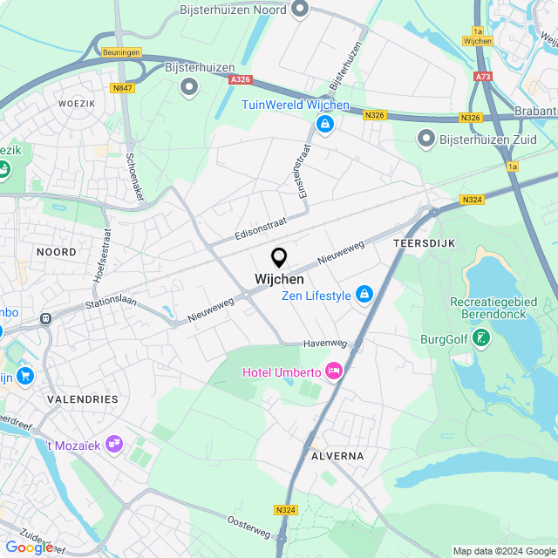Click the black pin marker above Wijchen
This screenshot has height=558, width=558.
279,257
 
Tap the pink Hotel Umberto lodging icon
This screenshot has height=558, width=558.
333,371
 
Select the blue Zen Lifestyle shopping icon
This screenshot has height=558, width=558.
364,296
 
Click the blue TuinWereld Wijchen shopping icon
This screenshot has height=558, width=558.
325,125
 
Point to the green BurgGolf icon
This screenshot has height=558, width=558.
480,338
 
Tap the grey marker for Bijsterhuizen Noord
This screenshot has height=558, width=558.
301,10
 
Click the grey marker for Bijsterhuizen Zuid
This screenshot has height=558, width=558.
425,138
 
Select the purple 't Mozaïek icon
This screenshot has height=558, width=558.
113,445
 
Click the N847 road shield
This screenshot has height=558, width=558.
122,88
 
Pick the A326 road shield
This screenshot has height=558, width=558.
241,79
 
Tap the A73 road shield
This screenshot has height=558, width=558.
483,77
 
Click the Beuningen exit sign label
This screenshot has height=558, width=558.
120,52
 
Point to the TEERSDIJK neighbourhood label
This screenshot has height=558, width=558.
425,243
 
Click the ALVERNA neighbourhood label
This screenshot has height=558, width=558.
337,456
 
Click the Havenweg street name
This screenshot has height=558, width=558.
325,344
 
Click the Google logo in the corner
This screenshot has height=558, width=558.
29,547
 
